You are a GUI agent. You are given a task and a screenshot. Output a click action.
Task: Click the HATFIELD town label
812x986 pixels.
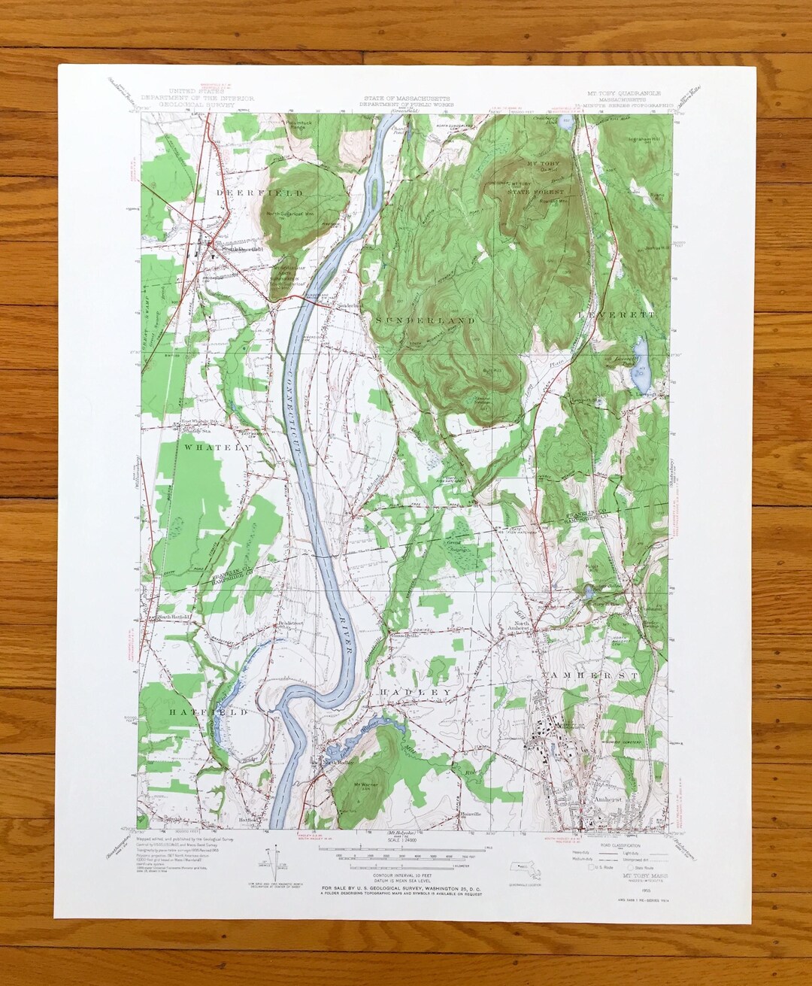[198, 711]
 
